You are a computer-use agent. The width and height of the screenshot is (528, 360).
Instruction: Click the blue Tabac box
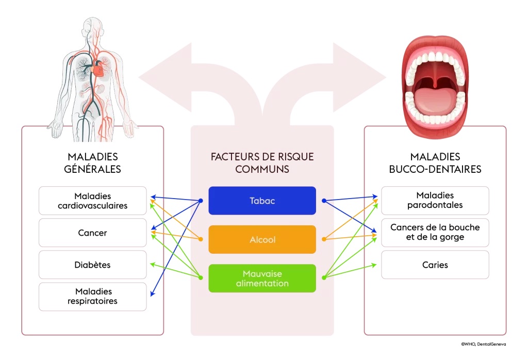(x=262, y=201)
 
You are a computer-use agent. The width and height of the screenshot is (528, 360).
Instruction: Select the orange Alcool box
(x=262, y=240)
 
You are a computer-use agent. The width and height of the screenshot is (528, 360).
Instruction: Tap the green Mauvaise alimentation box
(x=262, y=279)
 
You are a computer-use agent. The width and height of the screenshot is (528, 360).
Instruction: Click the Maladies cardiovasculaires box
(x=93, y=201)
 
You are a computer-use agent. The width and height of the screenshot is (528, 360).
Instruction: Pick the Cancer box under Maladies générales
(x=93, y=233)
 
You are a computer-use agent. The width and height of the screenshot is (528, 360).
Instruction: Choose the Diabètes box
(x=93, y=265)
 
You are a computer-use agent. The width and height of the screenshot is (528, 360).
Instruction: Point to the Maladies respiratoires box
(x=93, y=297)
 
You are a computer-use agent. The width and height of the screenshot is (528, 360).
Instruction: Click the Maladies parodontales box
(x=435, y=200)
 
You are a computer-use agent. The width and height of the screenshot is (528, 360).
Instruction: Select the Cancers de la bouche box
(x=435, y=232)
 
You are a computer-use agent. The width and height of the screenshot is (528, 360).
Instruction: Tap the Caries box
(x=435, y=265)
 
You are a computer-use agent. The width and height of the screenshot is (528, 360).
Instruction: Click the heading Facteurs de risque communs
(x=262, y=162)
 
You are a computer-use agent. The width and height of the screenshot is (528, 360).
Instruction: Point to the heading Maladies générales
(x=93, y=162)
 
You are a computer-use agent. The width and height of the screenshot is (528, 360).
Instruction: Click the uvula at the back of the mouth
(x=435, y=81)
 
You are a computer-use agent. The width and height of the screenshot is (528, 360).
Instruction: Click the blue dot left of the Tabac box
(x=201, y=201)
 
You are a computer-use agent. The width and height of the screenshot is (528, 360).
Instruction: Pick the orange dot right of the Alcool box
(x=323, y=239)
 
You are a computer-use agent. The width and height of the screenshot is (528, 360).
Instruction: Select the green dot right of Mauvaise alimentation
(x=323, y=278)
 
